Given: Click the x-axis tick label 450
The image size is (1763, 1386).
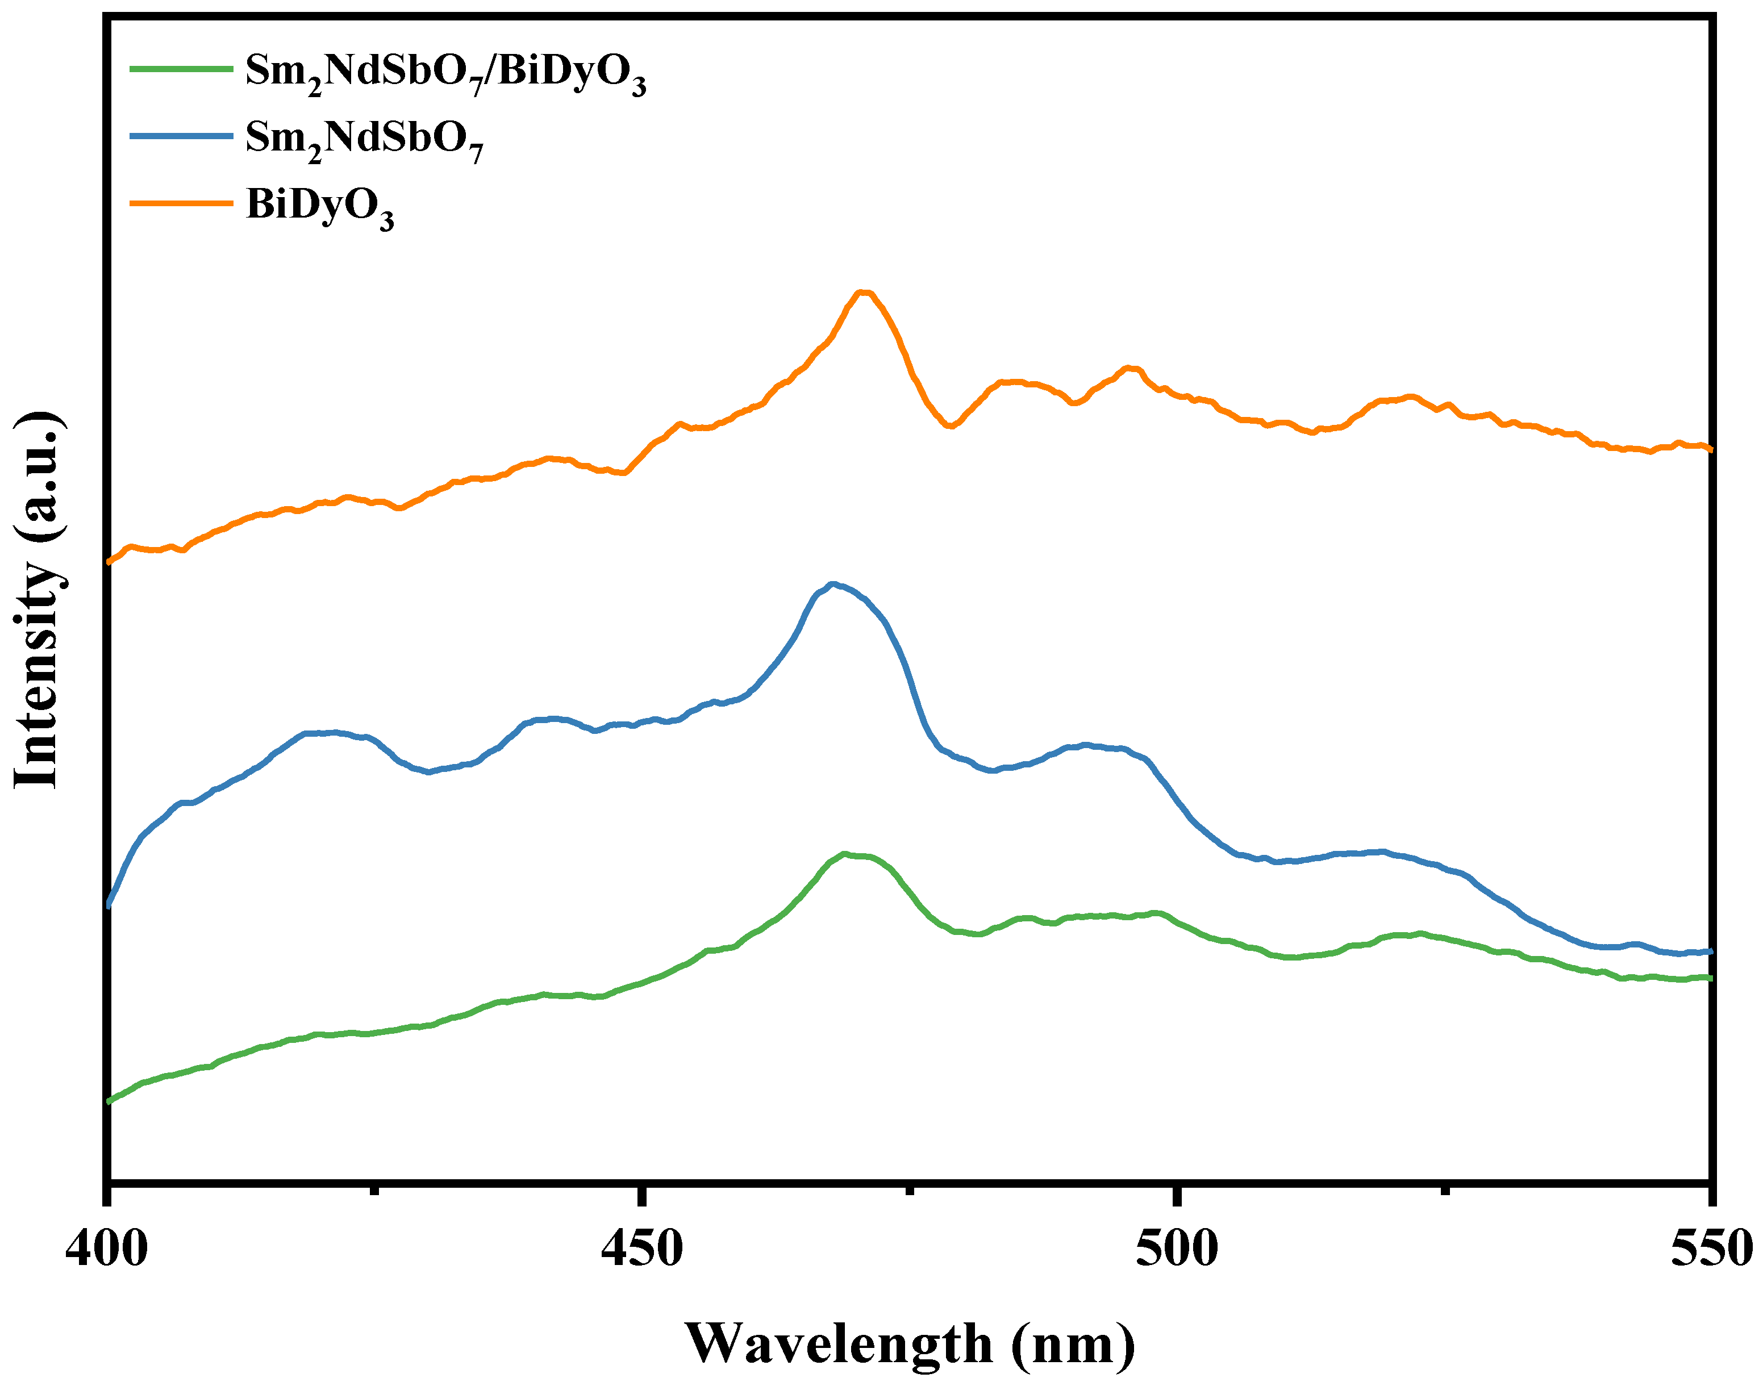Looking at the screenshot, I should click(641, 1249).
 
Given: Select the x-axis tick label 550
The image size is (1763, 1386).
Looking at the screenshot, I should click(1711, 1249).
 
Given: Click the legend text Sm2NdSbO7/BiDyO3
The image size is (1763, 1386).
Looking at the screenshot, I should click(445, 73).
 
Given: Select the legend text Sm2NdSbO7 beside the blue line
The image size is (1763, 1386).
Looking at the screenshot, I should click(364, 140).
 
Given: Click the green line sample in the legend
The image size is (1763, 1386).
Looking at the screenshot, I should click(182, 69).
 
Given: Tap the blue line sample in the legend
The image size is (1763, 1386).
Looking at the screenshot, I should click(182, 136).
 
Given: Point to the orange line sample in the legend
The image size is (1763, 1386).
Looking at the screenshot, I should click(182, 203).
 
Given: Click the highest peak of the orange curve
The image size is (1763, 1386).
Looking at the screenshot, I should click(864, 293).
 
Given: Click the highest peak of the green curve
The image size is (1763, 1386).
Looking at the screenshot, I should click(846, 854).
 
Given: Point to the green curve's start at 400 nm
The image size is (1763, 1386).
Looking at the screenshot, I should click(109, 1101).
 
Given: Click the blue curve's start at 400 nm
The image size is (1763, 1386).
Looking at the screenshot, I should click(109, 905).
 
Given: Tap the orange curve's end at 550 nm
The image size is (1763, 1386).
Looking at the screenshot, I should click(1710, 448).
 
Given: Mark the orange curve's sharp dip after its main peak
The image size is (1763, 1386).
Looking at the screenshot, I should click(950, 426).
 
